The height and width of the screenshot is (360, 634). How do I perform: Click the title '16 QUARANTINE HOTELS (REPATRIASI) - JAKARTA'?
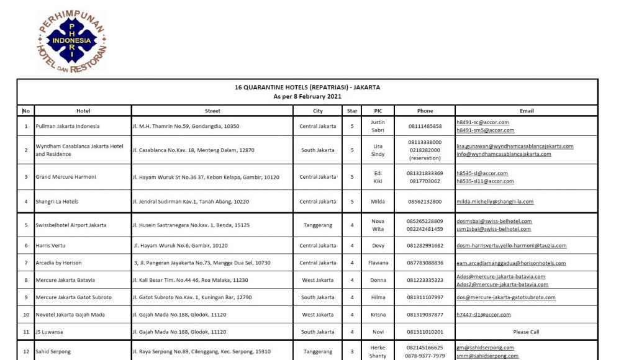pos(307,88)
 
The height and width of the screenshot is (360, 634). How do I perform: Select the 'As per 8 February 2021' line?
pos(307,97)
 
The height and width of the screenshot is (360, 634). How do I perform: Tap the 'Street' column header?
pos(212,111)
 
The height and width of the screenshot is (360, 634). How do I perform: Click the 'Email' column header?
pos(527,111)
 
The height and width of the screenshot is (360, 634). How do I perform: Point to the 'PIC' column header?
pos(378,111)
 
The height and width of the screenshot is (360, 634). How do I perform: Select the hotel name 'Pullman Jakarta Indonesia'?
pos(67,126)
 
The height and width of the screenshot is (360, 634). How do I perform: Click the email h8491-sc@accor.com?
pos(482,122)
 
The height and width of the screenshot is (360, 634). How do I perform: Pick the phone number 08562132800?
pos(425,202)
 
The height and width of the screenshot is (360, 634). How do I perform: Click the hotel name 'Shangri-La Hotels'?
pos(57,202)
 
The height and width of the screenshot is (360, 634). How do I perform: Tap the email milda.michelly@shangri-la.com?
pos(495,202)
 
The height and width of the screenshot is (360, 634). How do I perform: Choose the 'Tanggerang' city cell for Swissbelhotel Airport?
pos(317,225)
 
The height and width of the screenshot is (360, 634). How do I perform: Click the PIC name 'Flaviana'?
pos(378,263)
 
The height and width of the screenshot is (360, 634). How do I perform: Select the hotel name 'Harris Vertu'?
pos(50,246)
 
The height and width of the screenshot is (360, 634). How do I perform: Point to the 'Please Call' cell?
pos(526,332)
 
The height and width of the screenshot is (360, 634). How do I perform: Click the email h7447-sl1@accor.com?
pos(484,315)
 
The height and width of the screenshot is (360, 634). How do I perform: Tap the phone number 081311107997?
pos(425,297)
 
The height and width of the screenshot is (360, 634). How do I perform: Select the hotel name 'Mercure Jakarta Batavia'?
pos(65,280)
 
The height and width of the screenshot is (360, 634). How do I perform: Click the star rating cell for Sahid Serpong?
pos(352,352)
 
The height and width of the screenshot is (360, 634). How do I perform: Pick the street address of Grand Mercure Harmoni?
pos(206,178)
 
